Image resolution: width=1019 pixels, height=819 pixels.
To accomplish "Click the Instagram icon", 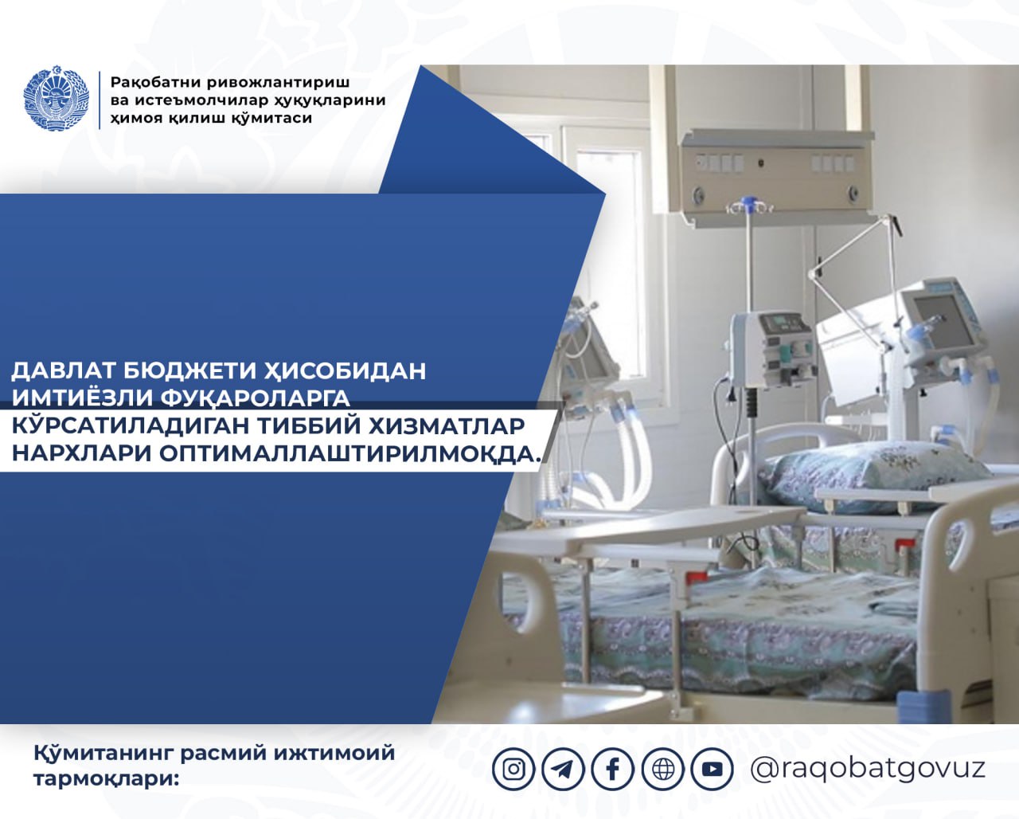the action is pyautogui.click(x=513, y=769).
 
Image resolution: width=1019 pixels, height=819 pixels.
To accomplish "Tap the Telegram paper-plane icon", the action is pyautogui.click(x=563, y=769).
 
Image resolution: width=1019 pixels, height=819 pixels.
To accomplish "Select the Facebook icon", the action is pyautogui.click(x=613, y=769).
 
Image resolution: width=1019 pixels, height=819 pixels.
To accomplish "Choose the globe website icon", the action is pyautogui.click(x=663, y=769).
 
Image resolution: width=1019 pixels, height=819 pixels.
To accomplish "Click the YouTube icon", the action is pyautogui.click(x=713, y=769).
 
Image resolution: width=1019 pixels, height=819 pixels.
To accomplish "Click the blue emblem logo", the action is pyautogui.click(x=57, y=98).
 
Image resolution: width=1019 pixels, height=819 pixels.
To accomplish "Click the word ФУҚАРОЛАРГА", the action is pyautogui.click(x=256, y=398).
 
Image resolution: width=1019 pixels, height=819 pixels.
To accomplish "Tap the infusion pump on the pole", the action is pyautogui.click(x=772, y=348).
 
